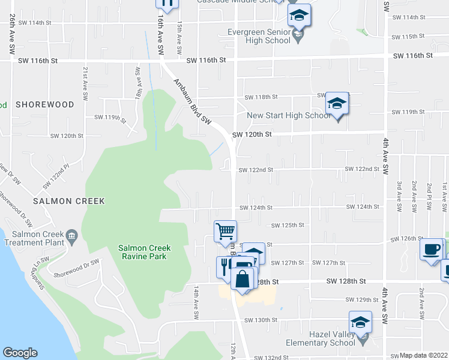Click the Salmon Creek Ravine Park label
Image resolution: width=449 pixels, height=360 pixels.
[x=144, y=251]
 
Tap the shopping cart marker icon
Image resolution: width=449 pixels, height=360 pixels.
[x=225, y=230]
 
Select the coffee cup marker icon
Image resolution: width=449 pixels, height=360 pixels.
[x=431, y=248]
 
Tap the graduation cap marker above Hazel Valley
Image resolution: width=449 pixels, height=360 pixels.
[x=360, y=322]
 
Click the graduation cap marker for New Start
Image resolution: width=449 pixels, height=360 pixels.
[x=337, y=103]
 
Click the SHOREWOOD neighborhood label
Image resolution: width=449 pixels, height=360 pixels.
[x=45, y=104]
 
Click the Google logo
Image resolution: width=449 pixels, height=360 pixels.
[x=20, y=353]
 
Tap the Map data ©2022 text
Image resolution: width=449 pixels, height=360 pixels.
[x=424, y=355]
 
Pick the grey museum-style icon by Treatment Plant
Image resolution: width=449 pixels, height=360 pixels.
[x=72, y=235]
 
